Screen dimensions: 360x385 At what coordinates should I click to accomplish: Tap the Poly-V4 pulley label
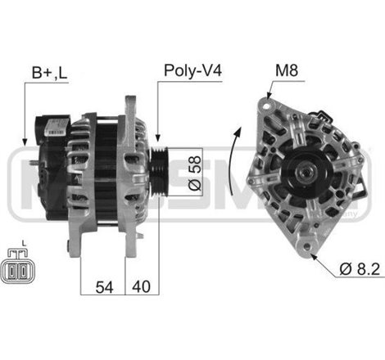coord(192,71)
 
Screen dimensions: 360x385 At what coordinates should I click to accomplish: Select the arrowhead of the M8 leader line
coord(266,97)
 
